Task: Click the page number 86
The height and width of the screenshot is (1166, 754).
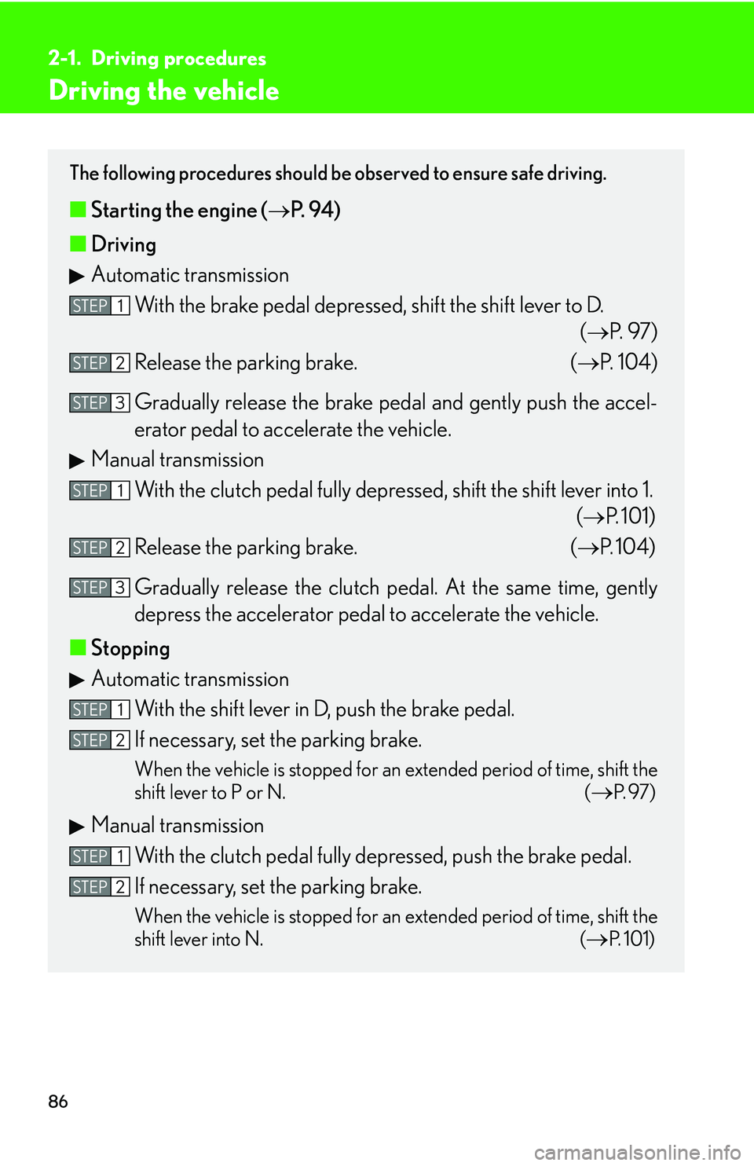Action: point(58,1102)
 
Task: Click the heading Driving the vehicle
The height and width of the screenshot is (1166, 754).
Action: point(164,91)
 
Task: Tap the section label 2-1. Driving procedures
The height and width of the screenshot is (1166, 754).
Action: point(157,58)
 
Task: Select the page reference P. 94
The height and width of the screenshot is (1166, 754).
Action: point(314,210)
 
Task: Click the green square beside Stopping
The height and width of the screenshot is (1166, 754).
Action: point(78,647)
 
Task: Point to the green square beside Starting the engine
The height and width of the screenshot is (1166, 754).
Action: point(78,209)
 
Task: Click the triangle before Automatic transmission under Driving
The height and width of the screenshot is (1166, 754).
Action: point(77,276)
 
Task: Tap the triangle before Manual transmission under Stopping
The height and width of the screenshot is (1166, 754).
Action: point(77,827)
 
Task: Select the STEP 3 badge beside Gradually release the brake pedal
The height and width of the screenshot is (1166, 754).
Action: point(100,403)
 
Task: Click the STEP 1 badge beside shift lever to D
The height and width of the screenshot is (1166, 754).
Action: point(100,306)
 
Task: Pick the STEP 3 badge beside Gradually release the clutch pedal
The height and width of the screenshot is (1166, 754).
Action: point(100,588)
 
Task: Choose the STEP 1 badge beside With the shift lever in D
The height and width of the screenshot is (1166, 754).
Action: point(100,709)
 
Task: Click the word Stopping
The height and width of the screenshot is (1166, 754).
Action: point(130,648)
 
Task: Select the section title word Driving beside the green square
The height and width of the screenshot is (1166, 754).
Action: point(124,244)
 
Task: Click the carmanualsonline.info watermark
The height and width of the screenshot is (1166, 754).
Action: point(637,1153)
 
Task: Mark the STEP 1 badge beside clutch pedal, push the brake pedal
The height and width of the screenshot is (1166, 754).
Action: point(100,856)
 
